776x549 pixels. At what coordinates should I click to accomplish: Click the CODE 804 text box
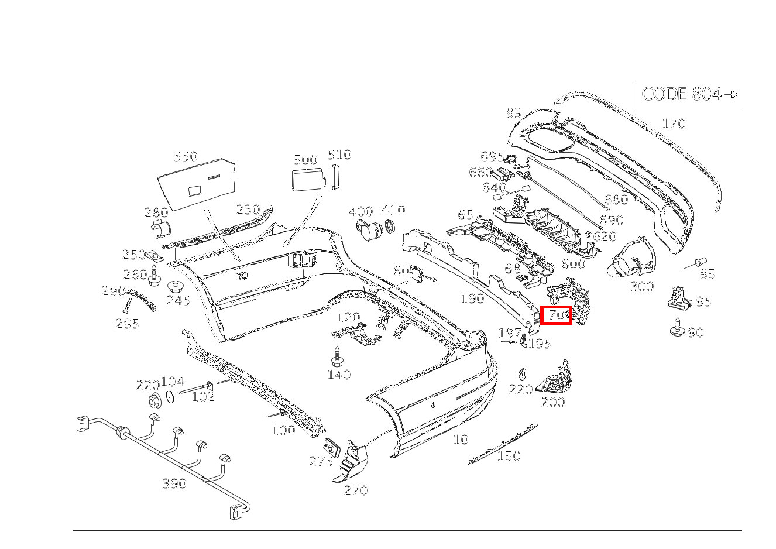(689, 94)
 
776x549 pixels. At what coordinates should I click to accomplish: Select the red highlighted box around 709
(555, 316)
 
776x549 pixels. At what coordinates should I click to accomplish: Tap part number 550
(186, 156)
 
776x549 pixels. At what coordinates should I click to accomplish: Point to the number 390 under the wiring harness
(174, 483)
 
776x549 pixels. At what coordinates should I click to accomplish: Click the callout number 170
(673, 123)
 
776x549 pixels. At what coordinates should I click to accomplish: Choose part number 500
(305, 160)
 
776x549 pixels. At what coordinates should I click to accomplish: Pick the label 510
(339, 155)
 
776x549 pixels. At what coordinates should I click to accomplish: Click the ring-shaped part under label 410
(390, 228)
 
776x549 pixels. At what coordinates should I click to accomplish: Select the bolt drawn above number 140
(337, 356)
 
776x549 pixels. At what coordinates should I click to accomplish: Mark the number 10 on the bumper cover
(461, 440)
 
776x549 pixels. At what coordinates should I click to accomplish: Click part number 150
(508, 456)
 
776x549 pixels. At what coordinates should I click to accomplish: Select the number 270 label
(355, 490)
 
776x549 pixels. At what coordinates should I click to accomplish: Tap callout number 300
(642, 286)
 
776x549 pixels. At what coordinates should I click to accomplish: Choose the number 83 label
(513, 113)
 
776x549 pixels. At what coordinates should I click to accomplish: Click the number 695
(492, 156)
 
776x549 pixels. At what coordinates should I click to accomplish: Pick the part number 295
(128, 324)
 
